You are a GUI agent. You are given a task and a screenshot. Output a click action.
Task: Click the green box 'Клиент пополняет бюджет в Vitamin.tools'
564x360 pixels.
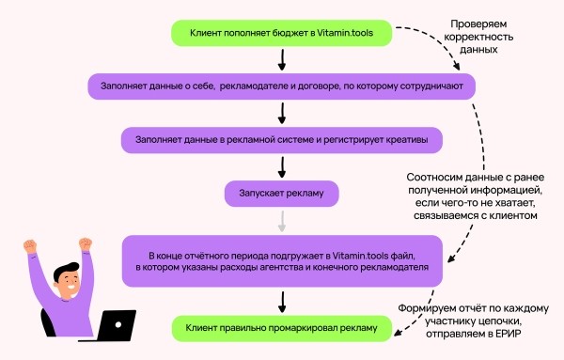pyautogui.click(x=282, y=33)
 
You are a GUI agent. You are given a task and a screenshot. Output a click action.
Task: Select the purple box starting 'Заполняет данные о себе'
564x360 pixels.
pyautogui.click(x=282, y=86)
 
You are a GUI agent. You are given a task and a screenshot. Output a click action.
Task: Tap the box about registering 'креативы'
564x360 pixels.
pyautogui.click(x=282, y=140)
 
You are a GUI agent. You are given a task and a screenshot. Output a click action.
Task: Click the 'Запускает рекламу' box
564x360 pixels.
pyautogui.click(x=282, y=194)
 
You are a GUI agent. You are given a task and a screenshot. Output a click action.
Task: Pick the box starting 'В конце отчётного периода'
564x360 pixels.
pyautogui.click(x=282, y=260)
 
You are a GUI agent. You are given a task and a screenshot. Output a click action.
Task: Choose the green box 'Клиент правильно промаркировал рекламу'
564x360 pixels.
pyautogui.click(x=282, y=328)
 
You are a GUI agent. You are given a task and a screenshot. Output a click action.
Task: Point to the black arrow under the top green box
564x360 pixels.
pyautogui.click(x=282, y=60)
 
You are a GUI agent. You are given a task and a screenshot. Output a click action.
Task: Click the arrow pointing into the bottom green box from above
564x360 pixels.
pyautogui.click(x=282, y=301)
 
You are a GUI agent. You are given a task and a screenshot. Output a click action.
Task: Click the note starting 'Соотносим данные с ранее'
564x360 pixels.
pyautogui.click(x=474, y=196)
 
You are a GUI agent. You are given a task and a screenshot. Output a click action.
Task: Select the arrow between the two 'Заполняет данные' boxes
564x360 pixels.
pyautogui.click(x=282, y=114)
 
